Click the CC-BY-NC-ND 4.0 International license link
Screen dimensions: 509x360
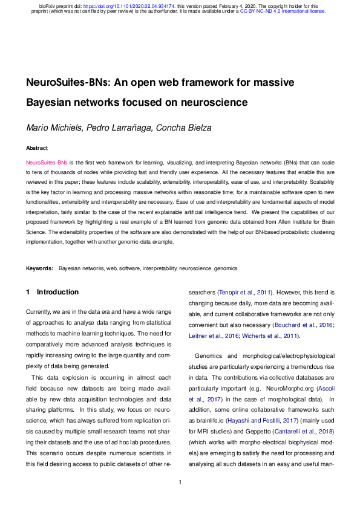pos(283,11)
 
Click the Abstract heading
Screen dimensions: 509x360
pos(36,148)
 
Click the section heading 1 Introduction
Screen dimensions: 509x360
pos(53,292)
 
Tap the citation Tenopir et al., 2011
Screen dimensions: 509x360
pos(243,292)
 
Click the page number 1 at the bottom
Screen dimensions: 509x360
pos(180,482)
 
